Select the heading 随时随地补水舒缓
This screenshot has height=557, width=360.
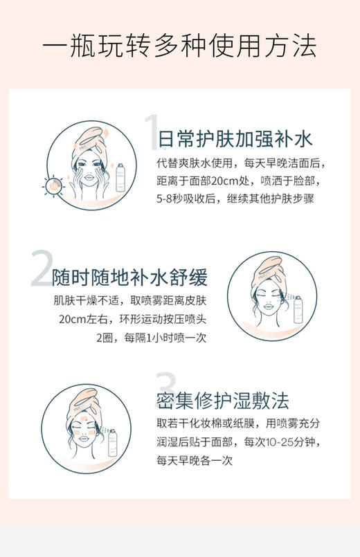[130, 277]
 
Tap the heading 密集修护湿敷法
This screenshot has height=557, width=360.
[222, 401]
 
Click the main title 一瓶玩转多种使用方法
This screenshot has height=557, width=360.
[180, 47]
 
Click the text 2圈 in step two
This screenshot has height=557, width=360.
[107, 338]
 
